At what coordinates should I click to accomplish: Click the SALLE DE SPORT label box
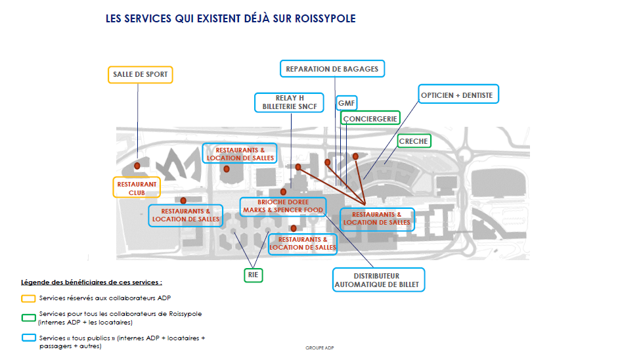[140, 75]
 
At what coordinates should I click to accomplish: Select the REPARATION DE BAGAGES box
[332, 69]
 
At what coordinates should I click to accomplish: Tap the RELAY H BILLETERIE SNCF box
[290, 102]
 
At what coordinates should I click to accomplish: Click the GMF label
[346, 103]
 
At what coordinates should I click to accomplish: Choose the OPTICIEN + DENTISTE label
[458, 94]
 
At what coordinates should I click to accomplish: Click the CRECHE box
[414, 141]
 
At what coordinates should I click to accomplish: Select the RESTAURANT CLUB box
[137, 187]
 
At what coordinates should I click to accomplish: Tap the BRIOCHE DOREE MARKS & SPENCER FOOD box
[283, 206]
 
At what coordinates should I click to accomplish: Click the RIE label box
[253, 275]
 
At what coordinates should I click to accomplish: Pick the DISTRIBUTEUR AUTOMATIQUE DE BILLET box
[378, 280]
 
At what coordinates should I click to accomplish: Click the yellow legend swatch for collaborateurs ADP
[28, 299]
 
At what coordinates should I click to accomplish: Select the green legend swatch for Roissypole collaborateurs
[28, 318]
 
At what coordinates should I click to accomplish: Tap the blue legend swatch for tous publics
[28, 338]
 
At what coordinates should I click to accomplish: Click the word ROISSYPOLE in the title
[325, 19]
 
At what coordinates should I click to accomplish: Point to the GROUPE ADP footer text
[319, 348]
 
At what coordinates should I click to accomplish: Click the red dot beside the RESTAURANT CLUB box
[137, 166]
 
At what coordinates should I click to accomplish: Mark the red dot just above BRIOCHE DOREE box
[283, 192]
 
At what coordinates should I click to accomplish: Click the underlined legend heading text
[91, 282]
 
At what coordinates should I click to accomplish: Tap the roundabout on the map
[464, 154]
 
